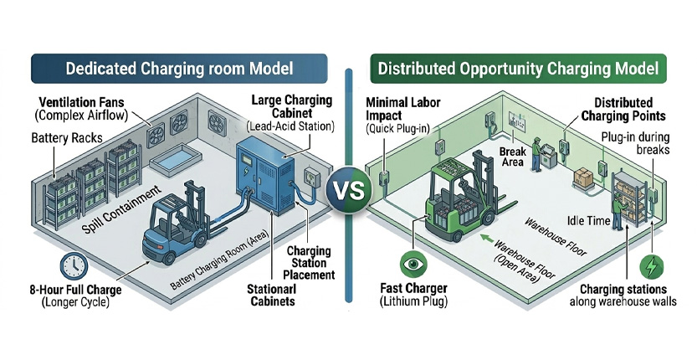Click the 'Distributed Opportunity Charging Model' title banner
click(x=516, y=67)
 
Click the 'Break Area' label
click(x=512, y=157)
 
